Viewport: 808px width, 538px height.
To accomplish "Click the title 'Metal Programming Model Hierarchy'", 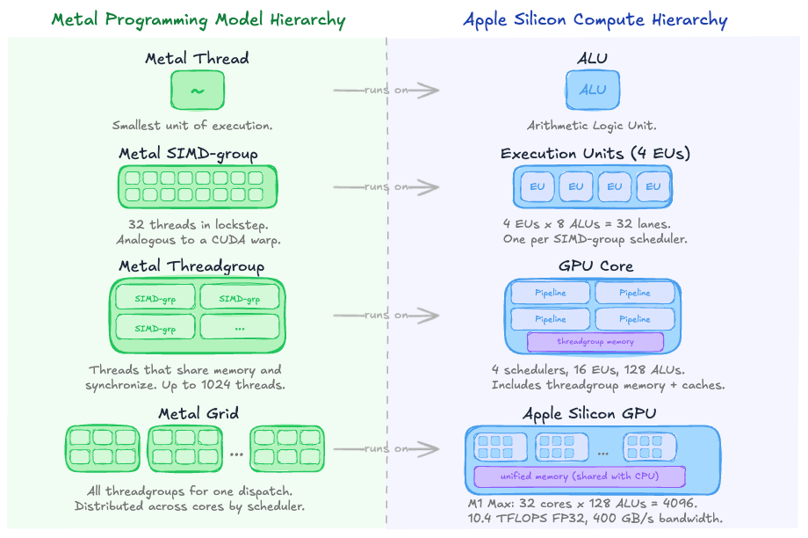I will click(x=198, y=19).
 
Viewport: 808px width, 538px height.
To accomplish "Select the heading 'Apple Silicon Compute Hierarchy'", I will click(x=595, y=19).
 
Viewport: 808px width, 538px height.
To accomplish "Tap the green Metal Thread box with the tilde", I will click(x=198, y=91).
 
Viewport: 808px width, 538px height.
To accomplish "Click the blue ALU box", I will click(x=592, y=90).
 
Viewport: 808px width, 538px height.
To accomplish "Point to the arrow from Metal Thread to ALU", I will click(x=386, y=91).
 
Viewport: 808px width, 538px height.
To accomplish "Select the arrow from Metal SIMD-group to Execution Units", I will click(x=386, y=186).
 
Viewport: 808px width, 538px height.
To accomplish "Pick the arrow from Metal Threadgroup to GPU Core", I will click(x=386, y=316).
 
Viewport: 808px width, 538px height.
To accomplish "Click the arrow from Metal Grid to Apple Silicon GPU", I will click(x=386, y=449).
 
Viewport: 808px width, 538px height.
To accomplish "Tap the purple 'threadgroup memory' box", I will click(x=595, y=341).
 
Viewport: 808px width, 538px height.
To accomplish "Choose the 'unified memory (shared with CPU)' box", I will click(x=580, y=476).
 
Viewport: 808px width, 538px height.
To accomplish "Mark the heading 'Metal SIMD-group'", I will click(x=189, y=155).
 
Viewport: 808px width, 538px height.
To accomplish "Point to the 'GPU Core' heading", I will click(x=595, y=266).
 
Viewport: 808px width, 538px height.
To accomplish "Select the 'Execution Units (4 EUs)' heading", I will click(x=595, y=154).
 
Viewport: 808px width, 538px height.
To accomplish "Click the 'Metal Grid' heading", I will click(x=198, y=413).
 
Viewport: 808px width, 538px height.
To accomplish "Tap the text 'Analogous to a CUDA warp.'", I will click(x=198, y=240).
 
